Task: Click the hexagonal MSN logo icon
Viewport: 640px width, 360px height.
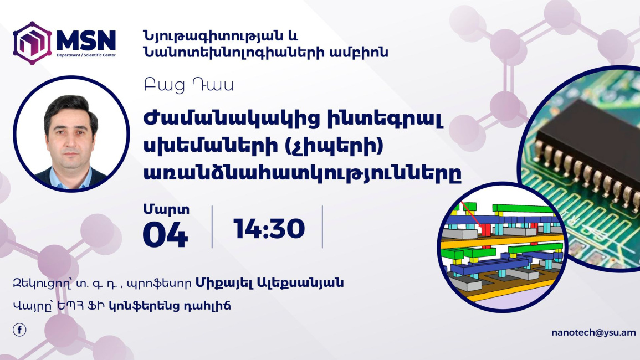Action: point(32,43)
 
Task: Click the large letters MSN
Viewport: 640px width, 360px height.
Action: point(86,40)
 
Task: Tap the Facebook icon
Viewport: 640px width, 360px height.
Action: point(19,330)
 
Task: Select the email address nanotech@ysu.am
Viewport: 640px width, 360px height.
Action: point(593,333)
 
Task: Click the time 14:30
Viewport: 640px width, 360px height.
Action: point(269,228)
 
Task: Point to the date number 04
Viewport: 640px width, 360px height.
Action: point(165,235)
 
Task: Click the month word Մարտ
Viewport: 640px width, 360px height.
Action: point(166,209)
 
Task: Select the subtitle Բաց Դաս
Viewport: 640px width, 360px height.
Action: point(188,86)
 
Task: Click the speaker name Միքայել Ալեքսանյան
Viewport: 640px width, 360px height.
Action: point(270,282)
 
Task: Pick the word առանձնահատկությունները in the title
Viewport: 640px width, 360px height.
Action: point(303,173)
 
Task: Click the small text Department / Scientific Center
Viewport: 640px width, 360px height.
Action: point(86,55)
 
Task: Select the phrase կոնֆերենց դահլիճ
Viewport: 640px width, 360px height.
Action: point(170,305)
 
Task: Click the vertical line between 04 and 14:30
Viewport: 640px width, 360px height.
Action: point(212,227)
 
